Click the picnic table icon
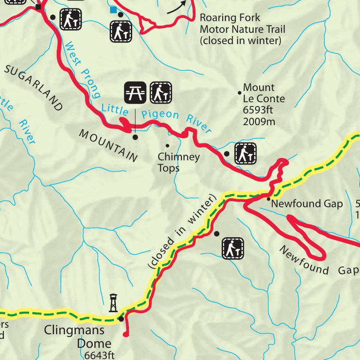click(135, 92)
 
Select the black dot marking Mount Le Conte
click(240, 93)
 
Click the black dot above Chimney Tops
click(167, 146)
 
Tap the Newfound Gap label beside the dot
click(307, 204)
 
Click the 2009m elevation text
click(259, 122)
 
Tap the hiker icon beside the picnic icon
click(161, 92)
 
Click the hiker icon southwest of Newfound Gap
click(233, 248)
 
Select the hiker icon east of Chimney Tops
click(245, 153)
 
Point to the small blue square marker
click(112, 9)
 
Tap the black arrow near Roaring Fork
click(176, 7)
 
